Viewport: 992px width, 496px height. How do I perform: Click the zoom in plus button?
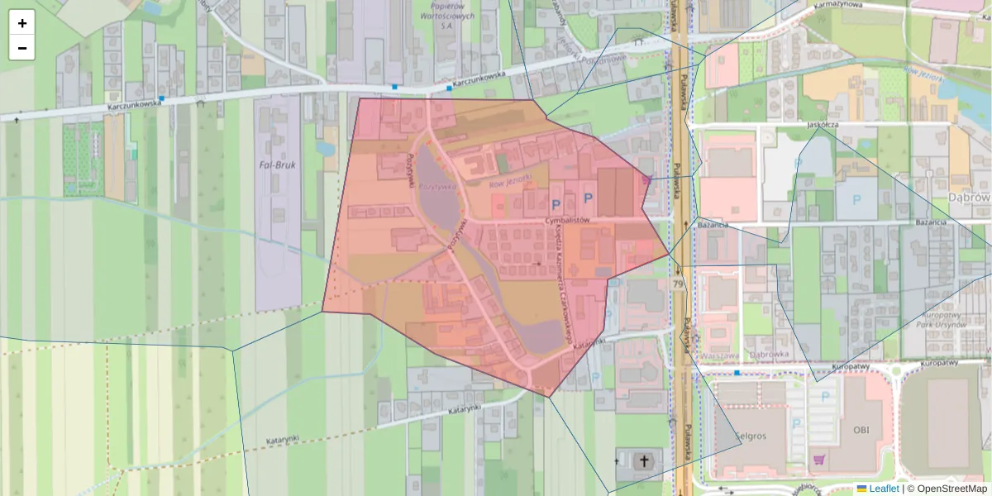(x=22, y=23)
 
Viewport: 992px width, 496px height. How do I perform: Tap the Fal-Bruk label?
(x=277, y=165)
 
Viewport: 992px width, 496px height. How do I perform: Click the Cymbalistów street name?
(x=567, y=221)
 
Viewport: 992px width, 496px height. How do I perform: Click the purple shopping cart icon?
(x=819, y=460)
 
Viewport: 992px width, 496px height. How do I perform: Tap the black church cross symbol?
(x=644, y=460)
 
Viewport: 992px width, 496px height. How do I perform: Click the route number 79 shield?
(x=678, y=284)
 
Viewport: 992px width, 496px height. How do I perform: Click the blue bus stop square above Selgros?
(x=737, y=373)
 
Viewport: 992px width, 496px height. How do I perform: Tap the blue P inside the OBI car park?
(x=823, y=396)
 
